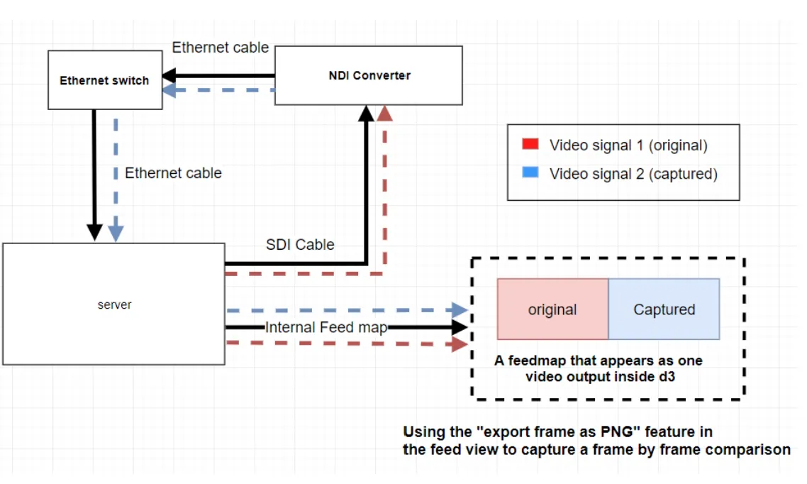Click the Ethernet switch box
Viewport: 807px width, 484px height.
(x=104, y=80)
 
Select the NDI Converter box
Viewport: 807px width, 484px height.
(x=368, y=75)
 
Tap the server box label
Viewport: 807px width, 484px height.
(x=114, y=304)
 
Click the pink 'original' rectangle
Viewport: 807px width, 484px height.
(x=552, y=309)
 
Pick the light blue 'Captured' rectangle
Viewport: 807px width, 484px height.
(x=664, y=309)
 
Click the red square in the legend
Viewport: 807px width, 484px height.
(x=529, y=145)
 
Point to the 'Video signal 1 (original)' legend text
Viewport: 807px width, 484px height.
(x=628, y=145)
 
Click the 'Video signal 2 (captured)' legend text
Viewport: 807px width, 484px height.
(x=633, y=174)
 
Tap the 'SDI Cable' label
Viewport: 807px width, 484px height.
(x=300, y=244)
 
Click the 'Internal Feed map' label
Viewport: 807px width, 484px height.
(x=326, y=327)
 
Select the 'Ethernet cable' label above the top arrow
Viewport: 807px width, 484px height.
(x=221, y=48)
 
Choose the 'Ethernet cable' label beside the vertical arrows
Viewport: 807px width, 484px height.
(x=173, y=172)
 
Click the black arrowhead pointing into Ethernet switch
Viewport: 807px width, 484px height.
(x=170, y=75)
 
